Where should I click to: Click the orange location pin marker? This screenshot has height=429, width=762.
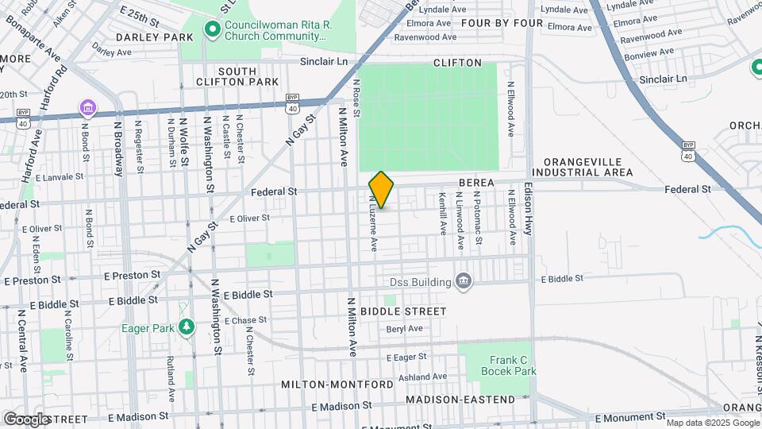point(381,190)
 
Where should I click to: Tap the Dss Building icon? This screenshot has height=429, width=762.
point(464,280)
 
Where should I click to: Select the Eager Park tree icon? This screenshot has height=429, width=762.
point(186,327)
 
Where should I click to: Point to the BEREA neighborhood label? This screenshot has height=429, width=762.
point(476,183)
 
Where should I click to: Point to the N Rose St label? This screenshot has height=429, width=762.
point(357,98)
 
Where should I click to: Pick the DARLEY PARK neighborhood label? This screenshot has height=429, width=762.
point(154,37)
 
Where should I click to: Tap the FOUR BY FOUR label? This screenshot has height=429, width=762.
point(502,23)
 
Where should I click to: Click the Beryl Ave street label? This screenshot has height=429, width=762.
point(404,328)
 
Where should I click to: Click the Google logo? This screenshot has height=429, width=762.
point(27,419)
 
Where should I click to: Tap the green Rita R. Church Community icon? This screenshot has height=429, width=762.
point(212,30)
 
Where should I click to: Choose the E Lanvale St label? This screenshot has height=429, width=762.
point(60,177)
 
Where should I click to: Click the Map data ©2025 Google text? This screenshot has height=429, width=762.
point(712,423)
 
